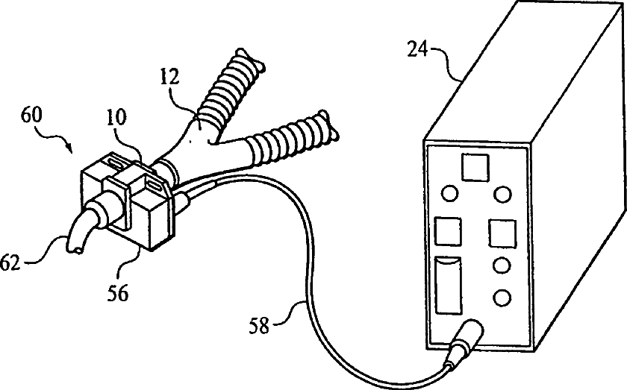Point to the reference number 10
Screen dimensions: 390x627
pos(115,118)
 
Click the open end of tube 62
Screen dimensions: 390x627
pos(74,250)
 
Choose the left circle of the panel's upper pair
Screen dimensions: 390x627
pos(449,194)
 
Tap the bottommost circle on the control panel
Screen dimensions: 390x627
pos(502,298)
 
